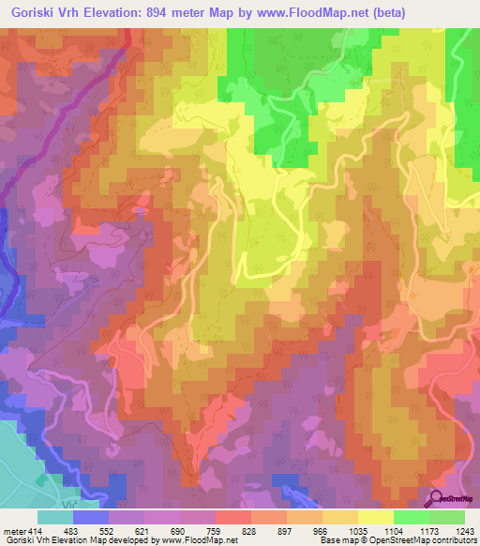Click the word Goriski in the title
[30, 13]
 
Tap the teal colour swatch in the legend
[55, 518]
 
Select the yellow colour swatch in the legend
[375, 518]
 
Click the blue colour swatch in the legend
[91, 518]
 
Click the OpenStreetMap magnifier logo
[437, 500]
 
